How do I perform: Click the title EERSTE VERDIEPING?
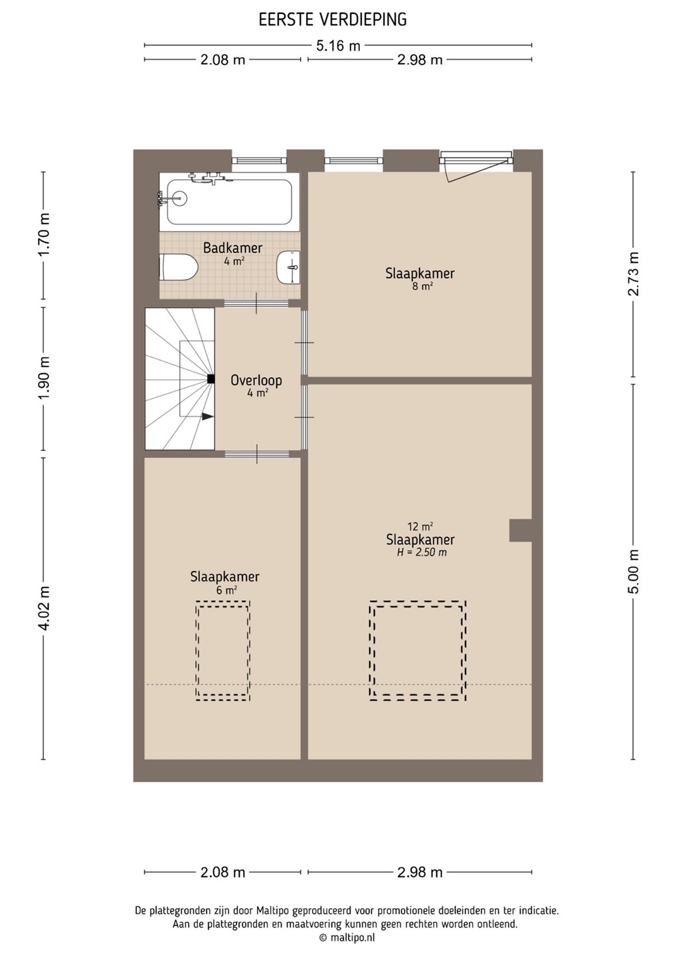pyautogui.click(x=333, y=20)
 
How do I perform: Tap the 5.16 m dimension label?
pyautogui.click(x=338, y=46)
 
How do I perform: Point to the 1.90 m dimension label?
pyautogui.click(x=44, y=378)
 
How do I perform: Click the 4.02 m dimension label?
pyautogui.click(x=44, y=608)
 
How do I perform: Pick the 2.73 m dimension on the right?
pyautogui.click(x=633, y=274)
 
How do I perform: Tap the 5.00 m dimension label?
pyautogui.click(x=633, y=572)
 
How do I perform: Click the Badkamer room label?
pyautogui.click(x=232, y=248)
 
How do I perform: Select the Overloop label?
pyautogui.click(x=256, y=380)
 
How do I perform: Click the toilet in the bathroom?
pyautogui.click(x=179, y=267)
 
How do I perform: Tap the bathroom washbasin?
pyautogui.click(x=288, y=267)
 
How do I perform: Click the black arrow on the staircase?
pyautogui.click(x=207, y=416)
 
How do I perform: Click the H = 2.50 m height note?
pyautogui.click(x=422, y=552)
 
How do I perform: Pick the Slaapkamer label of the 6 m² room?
pyautogui.click(x=225, y=577)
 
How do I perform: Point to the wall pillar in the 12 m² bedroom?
pyautogui.click(x=520, y=530)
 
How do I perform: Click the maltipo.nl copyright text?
pyautogui.click(x=347, y=937)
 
